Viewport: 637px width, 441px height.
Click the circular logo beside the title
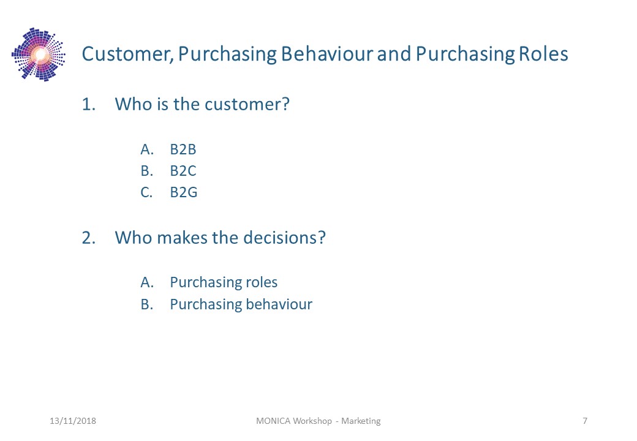pyautogui.click(x=39, y=55)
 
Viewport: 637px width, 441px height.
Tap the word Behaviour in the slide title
pyautogui.click(x=326, y=54)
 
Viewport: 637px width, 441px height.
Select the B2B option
pyautogui.click(x=183, y=149)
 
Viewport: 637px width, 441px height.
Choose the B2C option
pyautogui.click(x=183, y=171)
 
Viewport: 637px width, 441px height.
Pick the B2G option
pyautogui.click(x=184, y=192)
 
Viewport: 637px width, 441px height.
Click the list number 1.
pyautogui.click(x=89, y=104)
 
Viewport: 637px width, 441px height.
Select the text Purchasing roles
pyautogui.click(x=224, y=282)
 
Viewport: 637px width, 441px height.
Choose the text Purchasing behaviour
pyautogui.click(x=241, y=304)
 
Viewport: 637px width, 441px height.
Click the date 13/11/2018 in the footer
pyautogui.click(x=73, y=421)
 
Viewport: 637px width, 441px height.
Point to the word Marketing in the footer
pyautogui.click(x=361, y=421)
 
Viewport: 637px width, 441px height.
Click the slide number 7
pyautogui.click(x=585, y=421)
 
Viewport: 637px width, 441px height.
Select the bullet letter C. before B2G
pyautogui.click(x=146, y=192)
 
